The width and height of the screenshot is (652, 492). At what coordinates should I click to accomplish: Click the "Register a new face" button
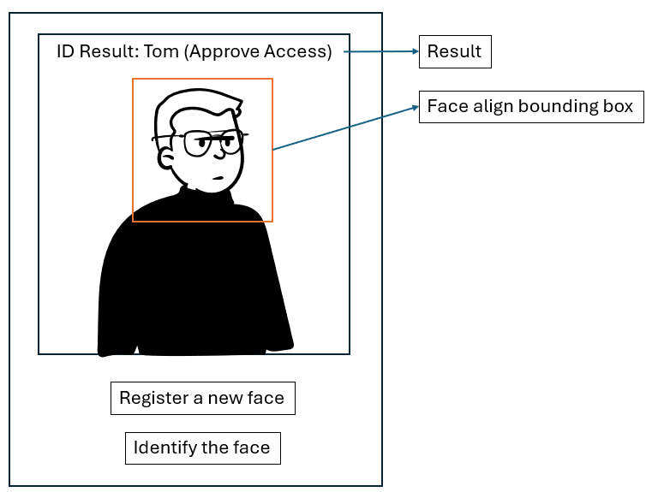203,398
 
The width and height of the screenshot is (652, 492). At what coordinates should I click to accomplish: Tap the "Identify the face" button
203,448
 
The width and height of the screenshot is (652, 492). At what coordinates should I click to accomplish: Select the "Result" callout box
455,51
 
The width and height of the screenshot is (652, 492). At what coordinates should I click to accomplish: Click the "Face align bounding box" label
531,107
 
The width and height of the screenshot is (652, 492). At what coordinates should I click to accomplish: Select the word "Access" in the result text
297,52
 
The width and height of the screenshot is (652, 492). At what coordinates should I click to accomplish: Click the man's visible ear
165,158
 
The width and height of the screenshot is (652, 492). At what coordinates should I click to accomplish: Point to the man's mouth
218,179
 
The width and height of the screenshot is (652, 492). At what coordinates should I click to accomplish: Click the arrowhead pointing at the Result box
416,51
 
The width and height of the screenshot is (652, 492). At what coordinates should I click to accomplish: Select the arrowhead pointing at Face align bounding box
416,108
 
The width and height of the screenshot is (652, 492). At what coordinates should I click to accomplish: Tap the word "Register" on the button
154,399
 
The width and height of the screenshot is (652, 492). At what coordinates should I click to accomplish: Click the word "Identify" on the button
164,448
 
